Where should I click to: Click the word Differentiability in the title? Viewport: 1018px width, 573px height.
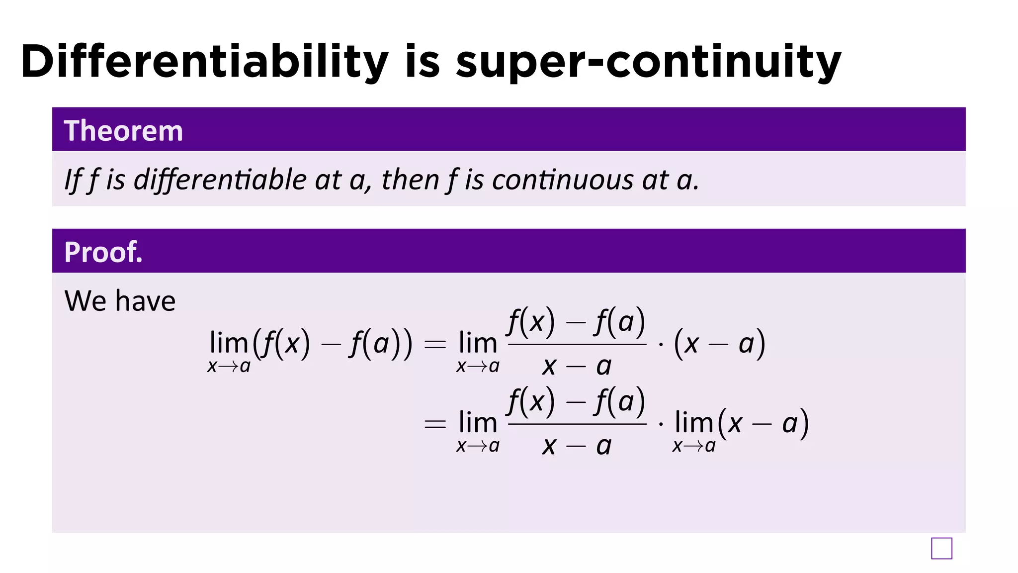pyautogui.click(x=204, y=62)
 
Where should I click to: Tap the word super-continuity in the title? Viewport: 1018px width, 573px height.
pyautogui.click(x=648, y=62)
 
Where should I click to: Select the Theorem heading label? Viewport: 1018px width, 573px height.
pyautogui.click(x=123, y=131)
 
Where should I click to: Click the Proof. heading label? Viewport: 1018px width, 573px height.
pyautogui.click(x=103, y=252)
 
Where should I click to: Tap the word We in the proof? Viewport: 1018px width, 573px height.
pyautogui.click(x=84, y=301)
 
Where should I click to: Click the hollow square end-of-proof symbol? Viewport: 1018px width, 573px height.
pyautogui.click(x=941, y=549)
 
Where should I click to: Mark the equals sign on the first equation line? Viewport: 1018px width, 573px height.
pyautogui.click(x=435, y=344)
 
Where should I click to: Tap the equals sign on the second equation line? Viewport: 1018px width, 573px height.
pyautogui.click(x=435, y=424)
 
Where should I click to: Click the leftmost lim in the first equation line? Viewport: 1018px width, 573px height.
pyautogui.click(x=229, y=343)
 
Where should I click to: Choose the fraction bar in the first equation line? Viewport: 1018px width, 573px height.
pyautogui.click(x=577, y=344)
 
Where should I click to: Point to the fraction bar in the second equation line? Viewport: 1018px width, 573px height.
pyautogui.click(x=577, y=424)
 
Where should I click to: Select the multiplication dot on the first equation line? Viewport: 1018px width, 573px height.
pyautogui.click(x=661, y=344)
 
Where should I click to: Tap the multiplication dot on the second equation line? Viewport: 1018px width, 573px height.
pyautogui.click(x=661, y=424)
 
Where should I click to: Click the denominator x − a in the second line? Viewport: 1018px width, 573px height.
pyautogui.click(x=577, y=446)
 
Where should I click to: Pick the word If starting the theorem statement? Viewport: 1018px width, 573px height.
pyautogui.click(x=73, y=180)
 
